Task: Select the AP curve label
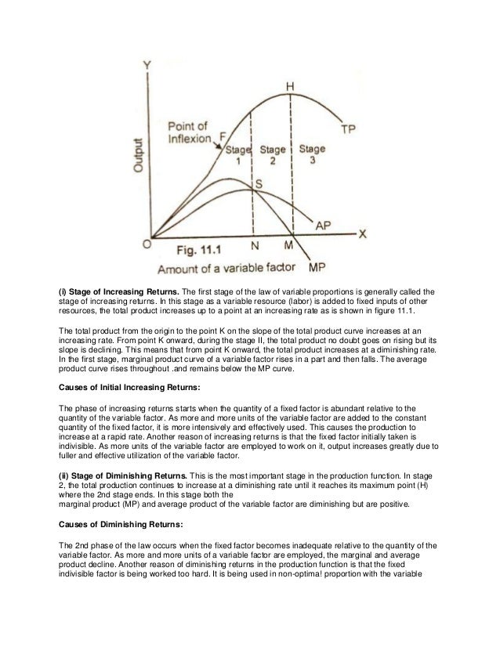(x=323, y=225)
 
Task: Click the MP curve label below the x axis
(x=317, y=267)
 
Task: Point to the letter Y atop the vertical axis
(x=146, y=67)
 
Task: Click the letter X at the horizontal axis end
(x=363, y=234)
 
